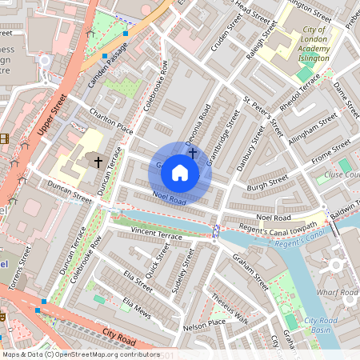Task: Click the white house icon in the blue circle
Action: [180, 172]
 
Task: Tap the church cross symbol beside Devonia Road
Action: [192, 150]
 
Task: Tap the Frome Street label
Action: [330, 152]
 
